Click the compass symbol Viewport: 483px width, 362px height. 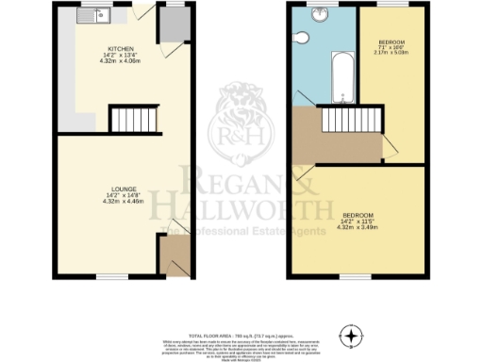coord(352,335)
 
